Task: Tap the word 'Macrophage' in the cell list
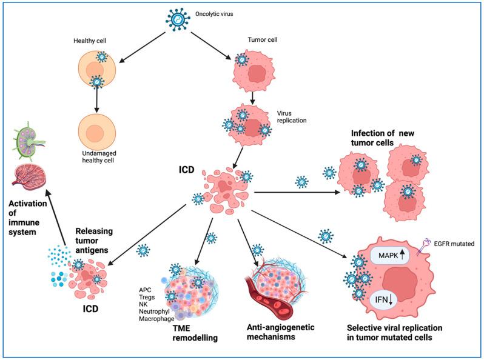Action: pyautogui.click(x=156, y=319)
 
